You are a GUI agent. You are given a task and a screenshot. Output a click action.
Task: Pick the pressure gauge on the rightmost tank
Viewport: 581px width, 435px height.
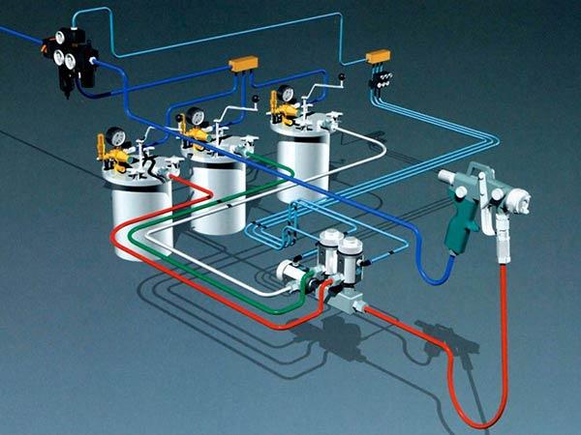pos(285,95)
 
